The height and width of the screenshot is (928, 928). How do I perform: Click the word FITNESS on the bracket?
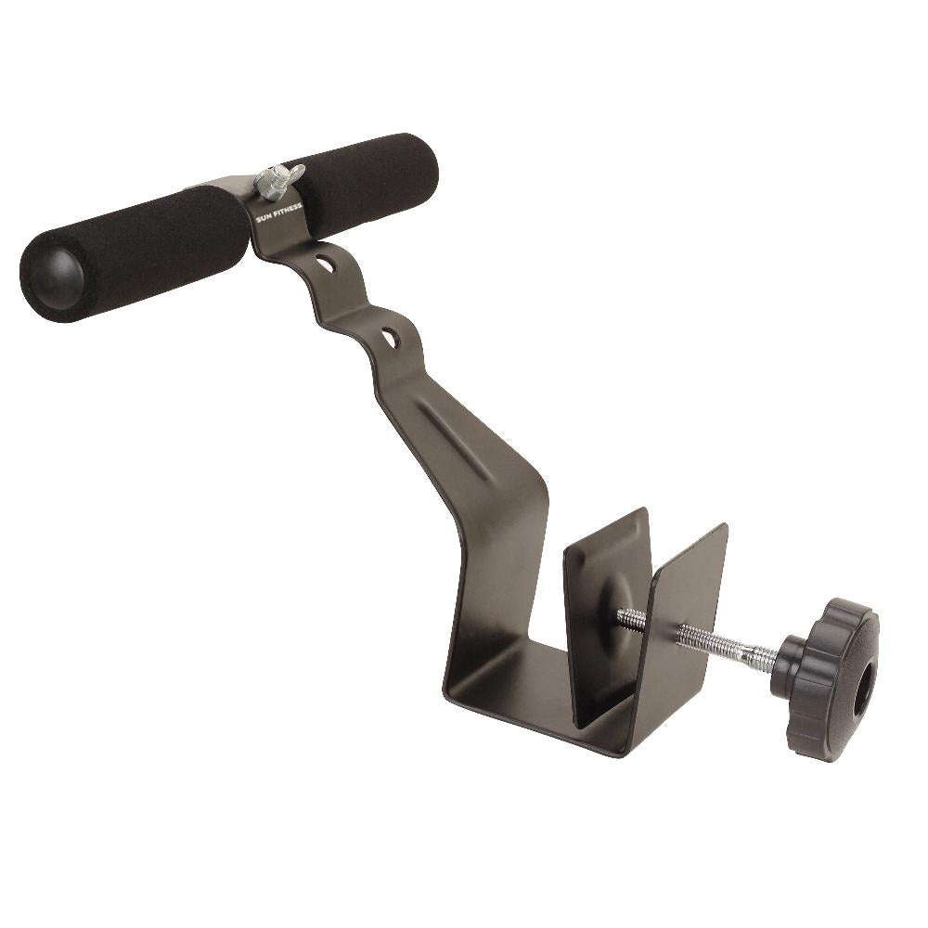pyautogui.click(x=287, y=210)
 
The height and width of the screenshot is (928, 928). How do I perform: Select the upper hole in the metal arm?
pyautogui.click(x=324, y=264)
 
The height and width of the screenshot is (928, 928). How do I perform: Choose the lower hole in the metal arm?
pyautogui.click(x=391, y=338)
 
